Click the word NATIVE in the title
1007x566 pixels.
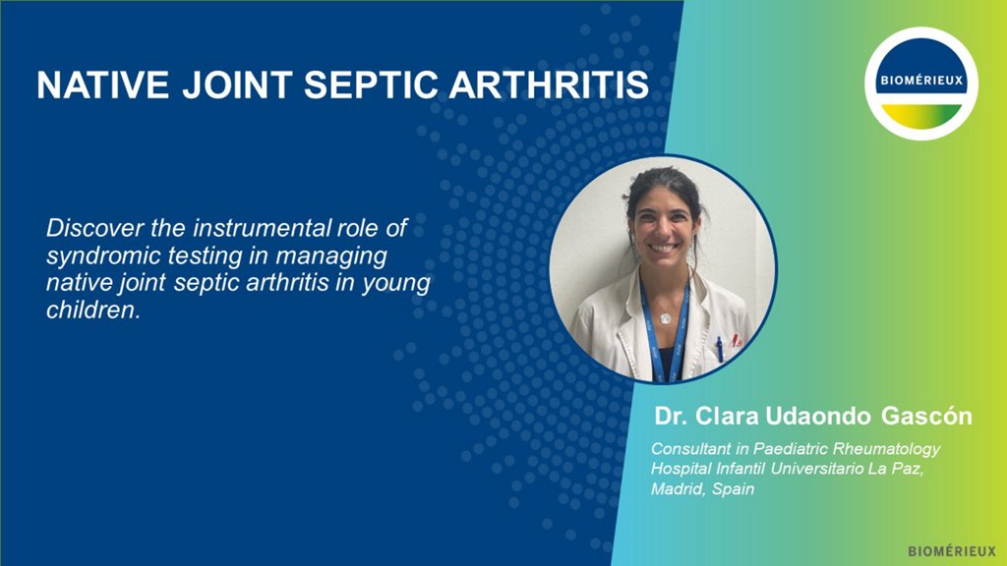102,85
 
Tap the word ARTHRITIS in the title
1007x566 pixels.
549,85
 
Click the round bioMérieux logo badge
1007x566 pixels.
920,84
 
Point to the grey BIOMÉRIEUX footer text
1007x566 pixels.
952,551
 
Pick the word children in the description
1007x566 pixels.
91,310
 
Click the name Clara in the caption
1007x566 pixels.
728,416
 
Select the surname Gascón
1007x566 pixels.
926,416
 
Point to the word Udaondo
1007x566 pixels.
818,416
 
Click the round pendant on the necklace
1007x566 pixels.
666,317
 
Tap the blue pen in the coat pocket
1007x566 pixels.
719,349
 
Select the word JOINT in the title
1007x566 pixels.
237,85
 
